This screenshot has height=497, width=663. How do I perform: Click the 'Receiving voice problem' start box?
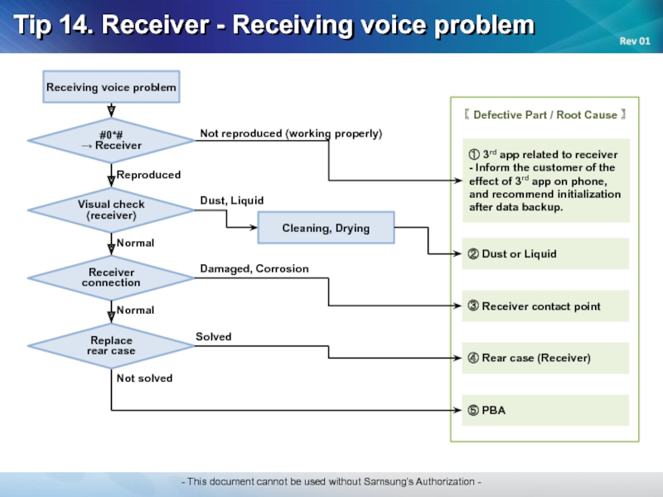[111, 87]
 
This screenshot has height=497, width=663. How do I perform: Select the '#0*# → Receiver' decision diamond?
[111, 140]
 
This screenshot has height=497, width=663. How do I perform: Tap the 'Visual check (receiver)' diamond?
[111, 210]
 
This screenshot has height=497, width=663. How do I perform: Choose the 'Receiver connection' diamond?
[111, 277]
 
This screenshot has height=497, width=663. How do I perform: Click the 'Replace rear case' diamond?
[111, 345]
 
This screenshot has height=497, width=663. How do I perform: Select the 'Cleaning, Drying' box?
[326, 228]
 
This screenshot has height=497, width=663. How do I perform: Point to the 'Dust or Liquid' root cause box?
[545, 253]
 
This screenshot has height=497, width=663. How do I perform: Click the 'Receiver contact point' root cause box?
[545, 306]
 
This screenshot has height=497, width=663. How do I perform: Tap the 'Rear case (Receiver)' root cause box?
[545, 358]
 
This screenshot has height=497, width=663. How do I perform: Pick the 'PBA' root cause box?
[545, 410]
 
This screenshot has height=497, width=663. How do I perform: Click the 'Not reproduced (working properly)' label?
[291, 133]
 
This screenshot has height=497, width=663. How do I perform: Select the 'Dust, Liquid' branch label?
[232, 200]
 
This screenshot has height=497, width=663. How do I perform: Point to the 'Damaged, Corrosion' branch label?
[254, 268]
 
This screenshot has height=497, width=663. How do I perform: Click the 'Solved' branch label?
[214, 337]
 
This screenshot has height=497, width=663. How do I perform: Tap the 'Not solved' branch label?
[144, 379]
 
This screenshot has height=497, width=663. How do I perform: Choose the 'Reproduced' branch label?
[148, 175]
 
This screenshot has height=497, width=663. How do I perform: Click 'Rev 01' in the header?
[635, 41]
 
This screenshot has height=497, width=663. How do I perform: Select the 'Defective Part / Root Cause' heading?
[545, 114]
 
